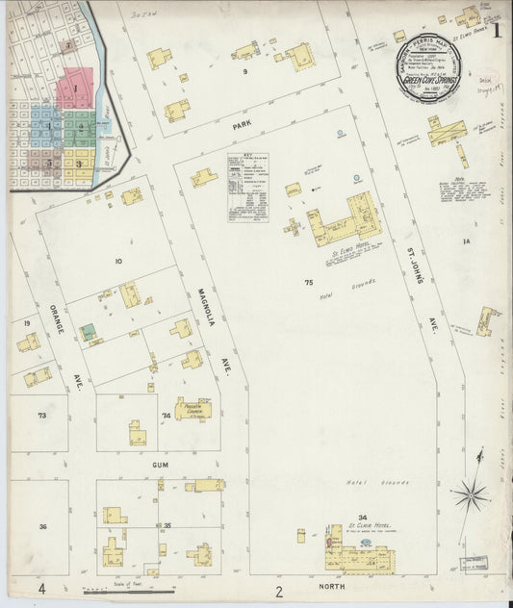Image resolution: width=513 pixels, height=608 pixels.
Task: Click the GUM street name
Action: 160,464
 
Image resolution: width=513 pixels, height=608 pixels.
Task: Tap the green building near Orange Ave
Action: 89,331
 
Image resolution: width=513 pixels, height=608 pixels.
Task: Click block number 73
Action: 42,416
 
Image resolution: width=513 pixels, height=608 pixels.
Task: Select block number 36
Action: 42,526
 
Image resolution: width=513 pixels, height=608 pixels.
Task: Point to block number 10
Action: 119,261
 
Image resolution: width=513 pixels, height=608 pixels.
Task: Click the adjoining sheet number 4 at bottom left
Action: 41,588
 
